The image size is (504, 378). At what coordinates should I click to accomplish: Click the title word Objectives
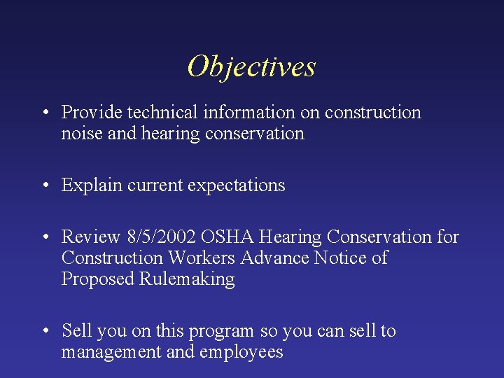(251, 67)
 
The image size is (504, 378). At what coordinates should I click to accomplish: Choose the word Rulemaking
(187, 279)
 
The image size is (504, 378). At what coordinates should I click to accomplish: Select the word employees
(241, 352)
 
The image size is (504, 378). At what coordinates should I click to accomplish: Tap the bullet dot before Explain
(44, 186)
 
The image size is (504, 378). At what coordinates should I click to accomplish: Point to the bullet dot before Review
(44, 238)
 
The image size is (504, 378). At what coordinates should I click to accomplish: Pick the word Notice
(339, 258)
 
